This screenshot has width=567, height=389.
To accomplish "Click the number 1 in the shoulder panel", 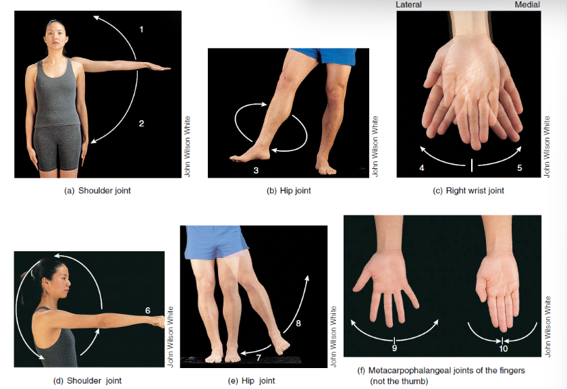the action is tap(141, 29).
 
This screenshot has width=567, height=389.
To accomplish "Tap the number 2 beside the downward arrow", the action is tap(141, 124).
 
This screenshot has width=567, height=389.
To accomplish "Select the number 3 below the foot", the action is tap(256, 170).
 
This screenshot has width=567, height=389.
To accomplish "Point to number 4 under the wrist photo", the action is tap(422, 167).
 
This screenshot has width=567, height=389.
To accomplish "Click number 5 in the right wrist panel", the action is tap(520, 167).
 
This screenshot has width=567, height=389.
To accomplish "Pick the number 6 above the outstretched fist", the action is tap(148, 311).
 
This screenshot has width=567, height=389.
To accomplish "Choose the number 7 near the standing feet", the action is tap(259, 358).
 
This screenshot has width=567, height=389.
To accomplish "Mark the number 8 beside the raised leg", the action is tap(298, 323).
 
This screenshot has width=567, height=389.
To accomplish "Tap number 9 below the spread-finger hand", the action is tap(394, 348).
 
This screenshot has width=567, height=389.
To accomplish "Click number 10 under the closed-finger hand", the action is tap(504, 348).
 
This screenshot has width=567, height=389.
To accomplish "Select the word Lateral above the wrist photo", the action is tap(408, 5).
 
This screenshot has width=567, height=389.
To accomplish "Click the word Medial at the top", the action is tap(527, 5).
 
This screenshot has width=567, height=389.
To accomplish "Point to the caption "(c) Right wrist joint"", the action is tap(468, 190).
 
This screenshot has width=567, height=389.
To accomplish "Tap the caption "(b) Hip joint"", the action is tap(289, 190).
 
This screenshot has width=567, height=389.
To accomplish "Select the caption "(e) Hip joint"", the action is tap(251, 381).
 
